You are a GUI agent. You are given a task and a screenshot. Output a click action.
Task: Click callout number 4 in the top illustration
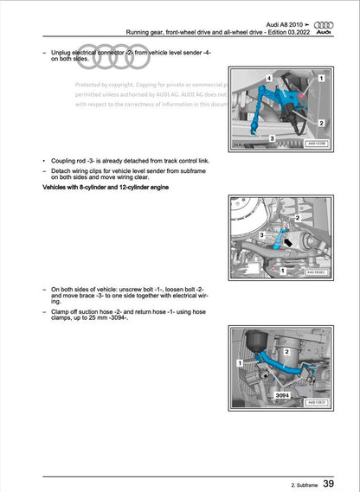269,79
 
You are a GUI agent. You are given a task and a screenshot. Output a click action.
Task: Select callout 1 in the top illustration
321,79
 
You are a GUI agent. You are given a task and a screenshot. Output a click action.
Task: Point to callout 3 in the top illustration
272,138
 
